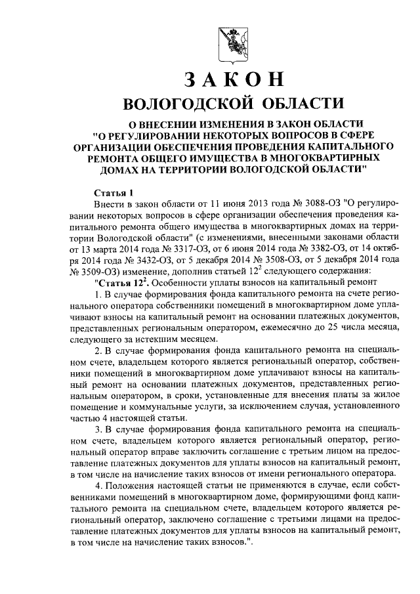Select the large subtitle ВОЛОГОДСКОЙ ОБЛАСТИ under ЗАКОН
[234, 104]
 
